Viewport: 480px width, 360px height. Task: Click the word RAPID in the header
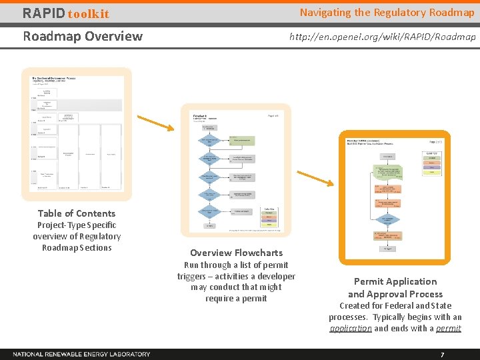[x=43, y=13]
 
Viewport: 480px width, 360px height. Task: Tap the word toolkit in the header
[x=88, y=14]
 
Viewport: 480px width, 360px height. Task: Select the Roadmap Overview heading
[x=83, y=36]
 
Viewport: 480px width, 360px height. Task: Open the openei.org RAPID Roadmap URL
[x=382, y=37]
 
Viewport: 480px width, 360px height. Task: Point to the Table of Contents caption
[x=77, y=213]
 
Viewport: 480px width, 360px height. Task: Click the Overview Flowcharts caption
[x=236, y=253]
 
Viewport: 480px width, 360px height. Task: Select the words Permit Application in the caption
[x=395, y=281]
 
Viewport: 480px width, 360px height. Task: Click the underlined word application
[x=351, y=328]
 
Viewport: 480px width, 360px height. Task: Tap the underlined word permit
[x=448, y=328]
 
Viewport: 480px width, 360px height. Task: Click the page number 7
[x=441, y=354]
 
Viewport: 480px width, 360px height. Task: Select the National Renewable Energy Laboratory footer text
[x=81, y=354]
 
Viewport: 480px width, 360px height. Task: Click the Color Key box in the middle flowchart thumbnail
[x=270, y=216]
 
